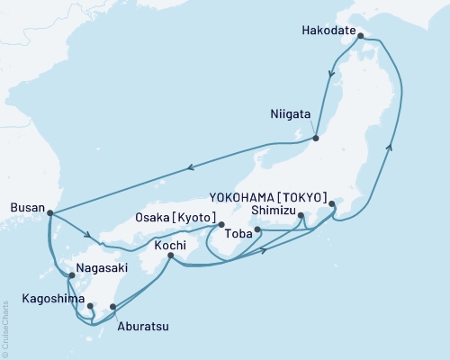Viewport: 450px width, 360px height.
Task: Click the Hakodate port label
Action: [x=328, y=28]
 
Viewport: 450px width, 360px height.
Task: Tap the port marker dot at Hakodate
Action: [x=360, y=37]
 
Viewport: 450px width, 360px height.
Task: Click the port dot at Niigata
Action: [x=316, y=138]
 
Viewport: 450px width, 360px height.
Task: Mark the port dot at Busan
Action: [x=49, y=213]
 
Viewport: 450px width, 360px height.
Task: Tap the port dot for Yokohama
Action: [x=332, y=204]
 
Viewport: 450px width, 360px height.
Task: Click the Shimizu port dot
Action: [x=301, y=215]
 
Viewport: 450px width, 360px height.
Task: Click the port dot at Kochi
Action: [x=171, y=256]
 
